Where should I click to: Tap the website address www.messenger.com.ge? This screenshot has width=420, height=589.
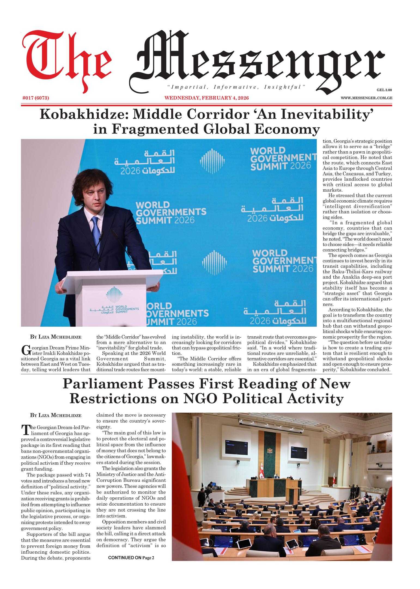pyautogui.click(x=366, y=98)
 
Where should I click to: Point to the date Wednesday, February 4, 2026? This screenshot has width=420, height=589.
pyautogui.click(x=206, y=98)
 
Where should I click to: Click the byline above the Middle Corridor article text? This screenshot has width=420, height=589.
pyautogui.click(x=56, y=337)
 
